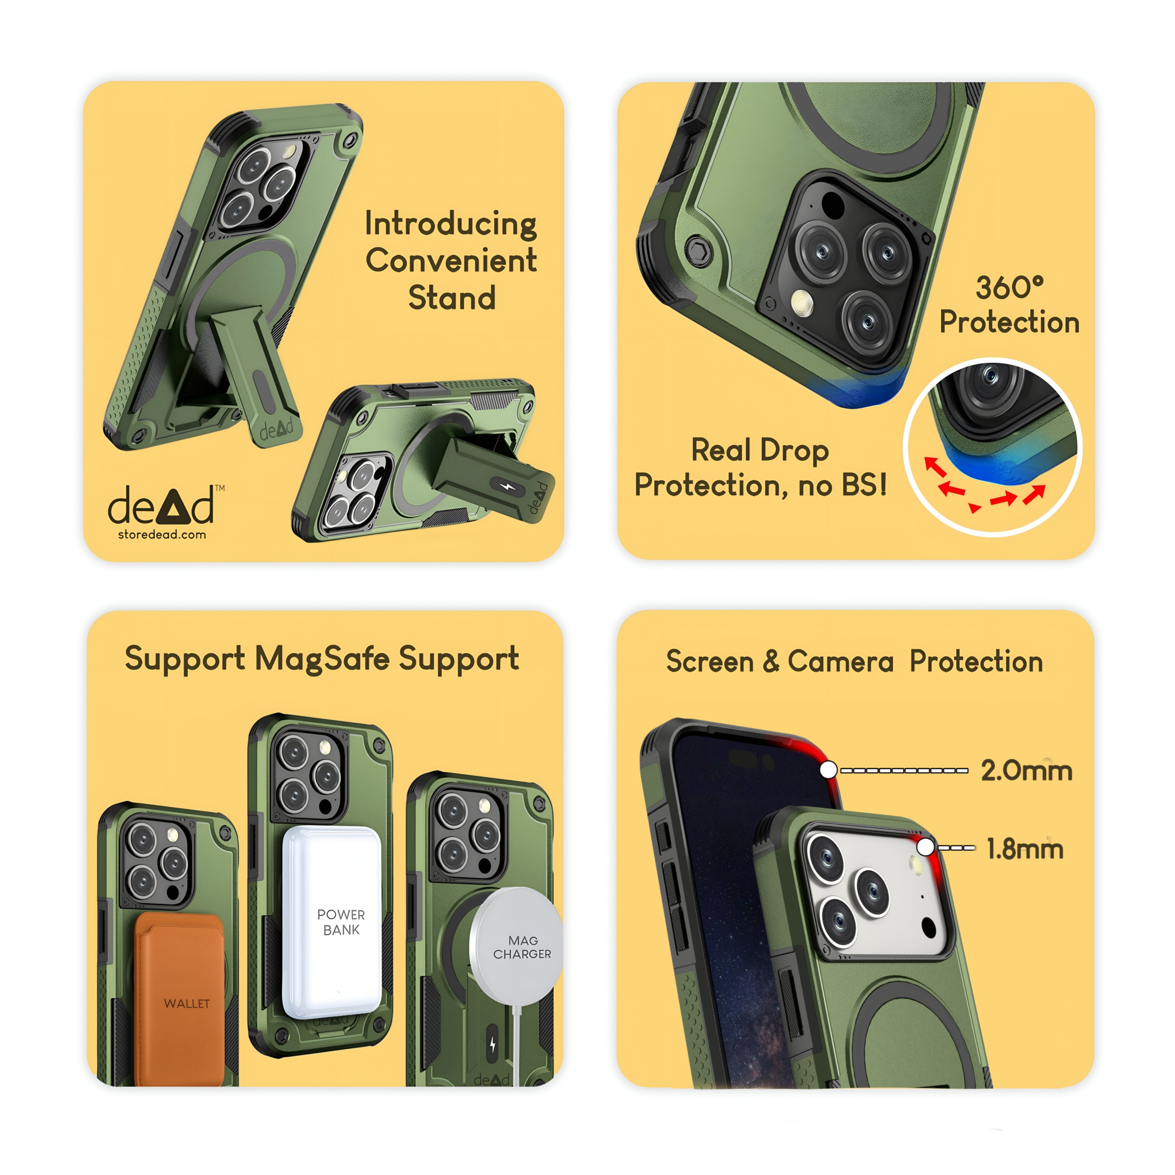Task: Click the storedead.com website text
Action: (x=162, y=535)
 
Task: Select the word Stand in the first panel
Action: (x=452, y=298)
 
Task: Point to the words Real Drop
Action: (x=760, y=451)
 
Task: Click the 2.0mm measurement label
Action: (x=1027, y=771)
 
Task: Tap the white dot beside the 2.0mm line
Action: (x=828, y=770)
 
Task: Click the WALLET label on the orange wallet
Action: (x=187, y=1003)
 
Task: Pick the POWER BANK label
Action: (x=341, y=922)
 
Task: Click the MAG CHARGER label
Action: (x=522, y=947)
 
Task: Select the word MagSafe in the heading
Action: (x=322, y=659)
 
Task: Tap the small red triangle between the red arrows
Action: (x=975, y=507)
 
